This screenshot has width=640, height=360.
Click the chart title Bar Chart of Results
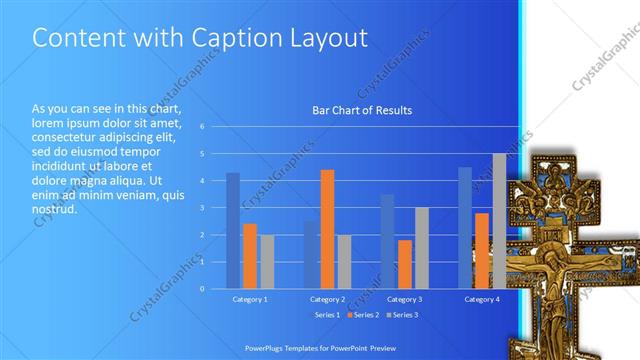pyautogui.click(x=362, y=111)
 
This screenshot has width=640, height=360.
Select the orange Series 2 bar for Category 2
pyautogui.click(x=327, y=229)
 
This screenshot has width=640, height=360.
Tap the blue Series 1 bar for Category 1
pyautogui.click(x=233, y=230)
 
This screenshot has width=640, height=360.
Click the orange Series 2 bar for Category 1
pyautogui.click(x=250, y=256)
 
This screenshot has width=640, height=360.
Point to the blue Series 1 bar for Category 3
pyautogui.click(x=388, y=241)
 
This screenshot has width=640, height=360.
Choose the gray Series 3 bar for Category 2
pyautogui.click(x=344, y=261)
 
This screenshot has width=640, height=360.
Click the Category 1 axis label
pyautogui.click(x=250, y=299)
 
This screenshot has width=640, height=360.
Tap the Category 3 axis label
pyautogui.click(x=404, y=299)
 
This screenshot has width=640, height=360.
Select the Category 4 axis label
pyautogui.click(x=481, y=299)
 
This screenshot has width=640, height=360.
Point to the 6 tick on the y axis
pyautogui.click(x=202, y=127)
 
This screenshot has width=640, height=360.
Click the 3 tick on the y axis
pyautogui.click(x=202, y=208)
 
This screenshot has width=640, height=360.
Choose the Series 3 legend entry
pyautogui.click(x=404, y=315)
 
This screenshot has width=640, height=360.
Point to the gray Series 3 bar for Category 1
pyautogui.click(x=267, y=261)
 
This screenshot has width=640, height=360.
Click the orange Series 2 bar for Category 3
pyautogui.click(x=405, y=264)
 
